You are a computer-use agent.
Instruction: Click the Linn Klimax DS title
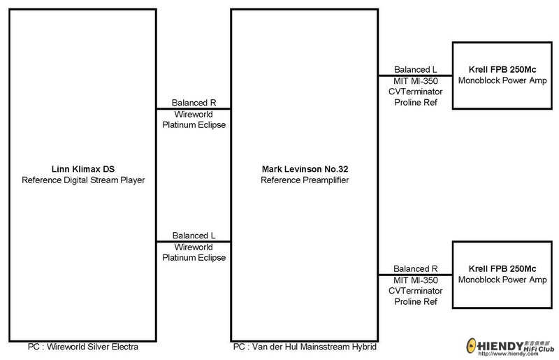coord(83,169)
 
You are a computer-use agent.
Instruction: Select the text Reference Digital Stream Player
coord(83,180)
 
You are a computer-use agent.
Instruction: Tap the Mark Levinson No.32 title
coord(305,169)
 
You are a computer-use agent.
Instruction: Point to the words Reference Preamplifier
coord(305,180)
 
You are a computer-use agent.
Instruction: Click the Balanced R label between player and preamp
coord(194,103)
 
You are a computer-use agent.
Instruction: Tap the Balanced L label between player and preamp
coord(194,236)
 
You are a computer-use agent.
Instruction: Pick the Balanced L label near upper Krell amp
coord(415,70)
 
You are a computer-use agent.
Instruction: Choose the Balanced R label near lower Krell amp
coord(415,268)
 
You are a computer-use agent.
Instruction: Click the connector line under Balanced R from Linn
coord(194,109)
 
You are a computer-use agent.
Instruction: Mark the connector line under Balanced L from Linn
coord(194,242)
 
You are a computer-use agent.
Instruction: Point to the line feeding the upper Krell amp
coord(415,75)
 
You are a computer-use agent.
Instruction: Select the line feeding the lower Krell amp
coord(415,275)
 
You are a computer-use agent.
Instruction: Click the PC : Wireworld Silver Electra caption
coord(83,347)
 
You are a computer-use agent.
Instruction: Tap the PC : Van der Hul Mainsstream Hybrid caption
coord(305,347)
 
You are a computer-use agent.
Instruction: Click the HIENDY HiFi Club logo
coord(511,347)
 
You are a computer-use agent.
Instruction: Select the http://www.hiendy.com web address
coord(508,354)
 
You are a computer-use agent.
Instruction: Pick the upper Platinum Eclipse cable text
coord(194,125)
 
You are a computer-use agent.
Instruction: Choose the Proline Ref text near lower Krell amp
coord(416,301)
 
